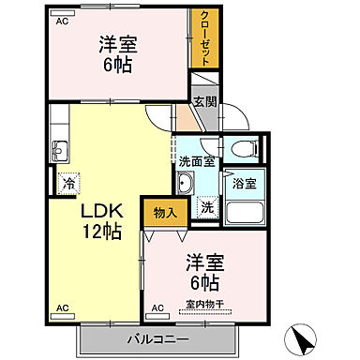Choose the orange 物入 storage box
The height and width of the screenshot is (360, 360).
point(164,213)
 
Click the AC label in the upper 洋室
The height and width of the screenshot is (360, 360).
point(62,22)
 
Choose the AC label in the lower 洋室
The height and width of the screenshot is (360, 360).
point(157,307)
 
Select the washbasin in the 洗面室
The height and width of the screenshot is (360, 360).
point(184,184)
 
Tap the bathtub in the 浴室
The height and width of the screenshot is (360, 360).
point(246,208)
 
